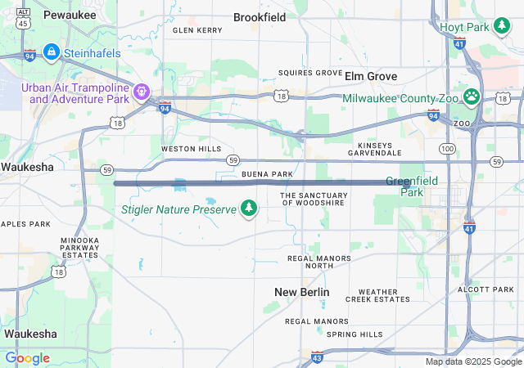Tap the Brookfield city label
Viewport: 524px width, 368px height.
[x=260, y=16]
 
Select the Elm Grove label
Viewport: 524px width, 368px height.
[x=371, y=76]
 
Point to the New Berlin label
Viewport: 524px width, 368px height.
[x=302, y=292]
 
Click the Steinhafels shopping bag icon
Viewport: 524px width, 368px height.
[x=51, y=52]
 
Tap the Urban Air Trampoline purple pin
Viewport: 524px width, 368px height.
[x=141, y=89]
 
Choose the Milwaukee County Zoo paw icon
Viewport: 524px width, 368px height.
[x=472, y=97]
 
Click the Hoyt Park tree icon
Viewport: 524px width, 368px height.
[x=501, y=27]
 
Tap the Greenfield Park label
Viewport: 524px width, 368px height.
[x=411, y=186]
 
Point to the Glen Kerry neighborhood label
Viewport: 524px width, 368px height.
[x=197, y=30]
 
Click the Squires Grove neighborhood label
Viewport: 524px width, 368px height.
[x=310, y=73]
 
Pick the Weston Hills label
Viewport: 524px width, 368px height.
[x=191, y=149]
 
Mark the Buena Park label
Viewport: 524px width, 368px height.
[x=267, y=174]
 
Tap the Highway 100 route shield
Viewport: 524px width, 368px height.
[x=447, y=148]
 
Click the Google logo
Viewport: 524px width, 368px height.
[x=27, y=358]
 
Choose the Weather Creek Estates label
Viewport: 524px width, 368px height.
[x=377, y=295]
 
